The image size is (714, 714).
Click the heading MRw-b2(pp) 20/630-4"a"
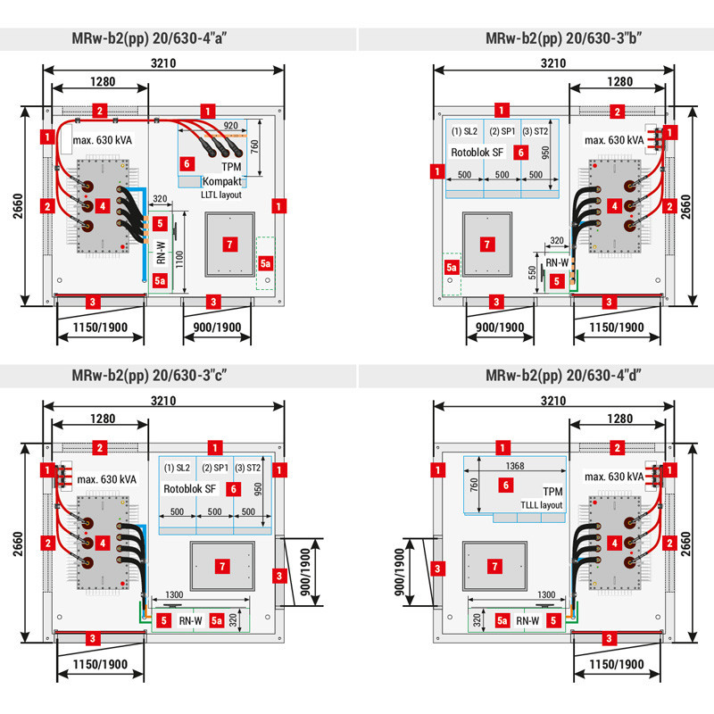tap(178, 38)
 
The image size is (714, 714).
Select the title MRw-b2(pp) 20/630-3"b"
tap(535, 38)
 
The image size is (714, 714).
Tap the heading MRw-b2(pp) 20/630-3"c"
tap(178, 376)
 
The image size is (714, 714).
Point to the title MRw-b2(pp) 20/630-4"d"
tap(535, 376)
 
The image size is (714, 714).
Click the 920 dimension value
tap(231, 126)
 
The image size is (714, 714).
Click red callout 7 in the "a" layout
tap(228, 244)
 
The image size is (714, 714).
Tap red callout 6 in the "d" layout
tap(505, 485)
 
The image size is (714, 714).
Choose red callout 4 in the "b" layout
tap(614, 206)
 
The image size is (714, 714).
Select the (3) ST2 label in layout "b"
tap(535, 130)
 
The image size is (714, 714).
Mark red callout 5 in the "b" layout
tap(558, 280)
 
